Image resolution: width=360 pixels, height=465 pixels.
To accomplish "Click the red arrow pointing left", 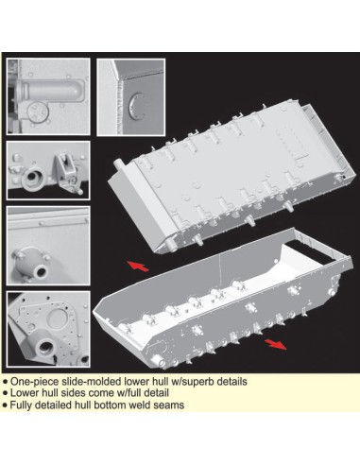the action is tap(138, 267).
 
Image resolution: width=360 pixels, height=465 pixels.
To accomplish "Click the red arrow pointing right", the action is tap(275, 344).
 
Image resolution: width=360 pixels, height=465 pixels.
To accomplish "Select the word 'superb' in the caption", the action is tap(198, 382).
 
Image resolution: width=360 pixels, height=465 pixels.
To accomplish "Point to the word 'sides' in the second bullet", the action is tap(74, 393).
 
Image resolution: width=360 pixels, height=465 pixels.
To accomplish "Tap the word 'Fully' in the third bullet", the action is tap(21, 405).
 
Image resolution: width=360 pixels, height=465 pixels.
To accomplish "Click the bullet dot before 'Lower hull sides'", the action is tap(6, 393).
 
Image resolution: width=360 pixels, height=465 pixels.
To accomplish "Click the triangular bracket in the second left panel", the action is tap(66, 170).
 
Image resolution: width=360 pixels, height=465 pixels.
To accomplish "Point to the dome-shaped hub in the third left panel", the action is tap(31, 264).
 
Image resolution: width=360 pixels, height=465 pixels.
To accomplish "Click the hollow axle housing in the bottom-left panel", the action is tap(44, 346).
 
